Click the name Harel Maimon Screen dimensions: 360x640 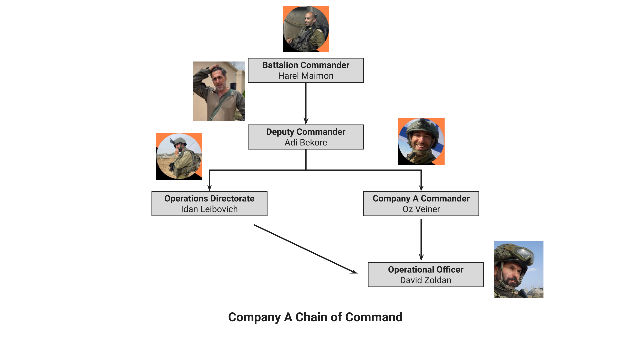[x=306, y=76]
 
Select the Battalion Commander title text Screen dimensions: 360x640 [x=306, y=65]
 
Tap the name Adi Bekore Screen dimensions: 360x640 [x=306, y=143]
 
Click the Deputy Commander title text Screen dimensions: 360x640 [x=306, y=132]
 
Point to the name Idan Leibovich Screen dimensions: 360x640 [x=209, y=209]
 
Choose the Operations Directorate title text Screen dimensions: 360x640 [x=209, y=198]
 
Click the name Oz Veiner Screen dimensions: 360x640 [x=421, y=209]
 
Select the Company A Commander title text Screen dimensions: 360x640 [x=421, y=198]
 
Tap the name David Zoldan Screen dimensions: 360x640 [x=426, y=280]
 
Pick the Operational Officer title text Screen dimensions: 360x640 [x=426, y=269]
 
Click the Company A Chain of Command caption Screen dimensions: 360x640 [x=315, y=317]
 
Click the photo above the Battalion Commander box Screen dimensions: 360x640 [x=306, y=29]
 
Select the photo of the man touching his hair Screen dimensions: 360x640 [x=219, y=91]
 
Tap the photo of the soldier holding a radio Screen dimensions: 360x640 [x=179, y=157]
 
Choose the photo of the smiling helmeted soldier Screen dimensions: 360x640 [x=421, y=141]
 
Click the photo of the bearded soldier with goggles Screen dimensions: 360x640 [x=518, y=269]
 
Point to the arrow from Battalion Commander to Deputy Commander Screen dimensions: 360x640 [x=306, y=103]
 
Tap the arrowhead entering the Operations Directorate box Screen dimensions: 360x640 [x=209, y=188]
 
